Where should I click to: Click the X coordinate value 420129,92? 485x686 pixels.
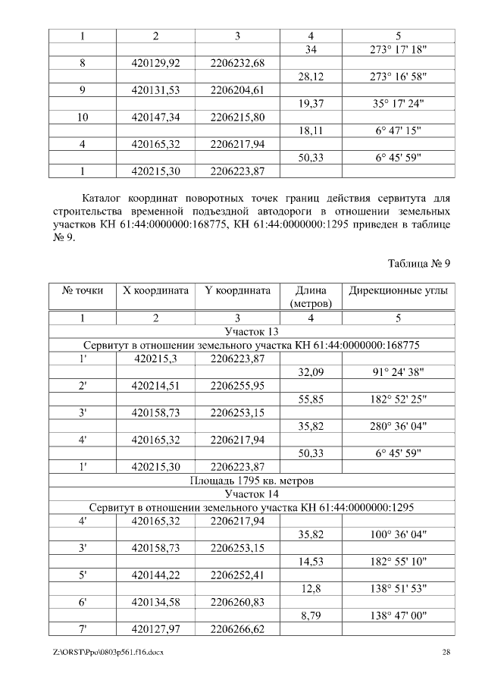pyautogui.click(x=155, y=62)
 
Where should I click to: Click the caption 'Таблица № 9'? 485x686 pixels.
pyautogui.click(x=419, y=264)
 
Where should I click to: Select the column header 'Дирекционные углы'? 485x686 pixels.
pyautogui.click(x=398, y=290)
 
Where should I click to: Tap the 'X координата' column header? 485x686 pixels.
pyautogui.click(x=155, y=290)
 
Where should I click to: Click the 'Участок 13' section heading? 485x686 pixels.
pyautogui.click(x=252, y=331)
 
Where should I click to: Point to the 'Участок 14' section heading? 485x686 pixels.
pyautogui.click(x=252, y=493)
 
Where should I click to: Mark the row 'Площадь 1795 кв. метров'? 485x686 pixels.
pyautogui.click(x=252, y=481)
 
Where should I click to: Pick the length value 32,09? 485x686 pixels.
pyautogui.click(x=311, y=372)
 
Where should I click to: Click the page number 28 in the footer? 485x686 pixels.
pyautogui.click(x=446, y=653)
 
